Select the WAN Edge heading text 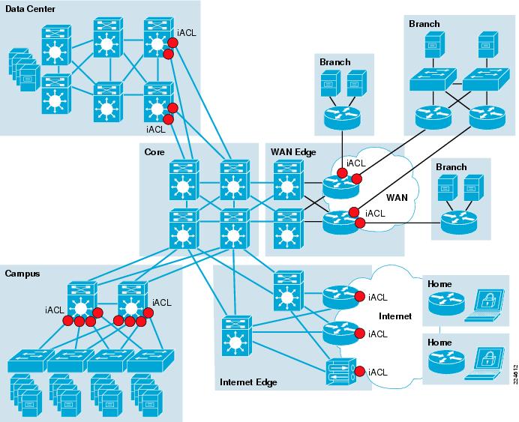point(292,152)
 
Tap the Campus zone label point(22,274)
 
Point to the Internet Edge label point(248,382)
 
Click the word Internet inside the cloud point(394,316)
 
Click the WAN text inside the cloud point(396,198)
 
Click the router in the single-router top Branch point(342,116)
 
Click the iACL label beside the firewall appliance point(378,372)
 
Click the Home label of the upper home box point(439,284)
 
